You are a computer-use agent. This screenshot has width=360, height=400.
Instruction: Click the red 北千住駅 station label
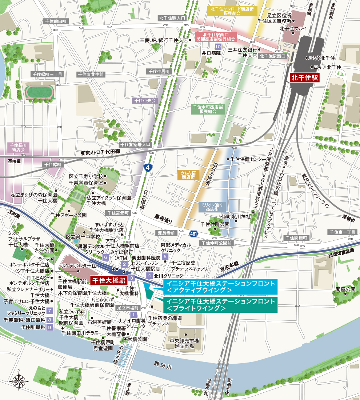point(304,77)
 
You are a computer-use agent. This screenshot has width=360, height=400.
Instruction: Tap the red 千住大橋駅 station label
point(108,280)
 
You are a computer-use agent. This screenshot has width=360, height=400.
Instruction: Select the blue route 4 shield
point(147,168)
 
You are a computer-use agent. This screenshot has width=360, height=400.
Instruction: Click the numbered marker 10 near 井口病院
point(218,47)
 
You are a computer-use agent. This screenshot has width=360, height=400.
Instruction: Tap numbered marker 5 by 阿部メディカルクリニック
point(165,257)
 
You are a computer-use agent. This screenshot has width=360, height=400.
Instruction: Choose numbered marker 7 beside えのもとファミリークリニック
point(49,311)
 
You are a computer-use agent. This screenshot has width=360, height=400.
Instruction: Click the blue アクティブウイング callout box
point(220,287)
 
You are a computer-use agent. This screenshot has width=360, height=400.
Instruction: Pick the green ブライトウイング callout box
point(220,305)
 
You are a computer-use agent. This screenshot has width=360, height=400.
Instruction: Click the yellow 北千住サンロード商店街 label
point(231,11)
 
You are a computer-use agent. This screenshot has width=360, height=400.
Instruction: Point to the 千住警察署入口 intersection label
point(136,144)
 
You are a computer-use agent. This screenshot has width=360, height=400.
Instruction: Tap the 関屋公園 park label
point(345,289)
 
